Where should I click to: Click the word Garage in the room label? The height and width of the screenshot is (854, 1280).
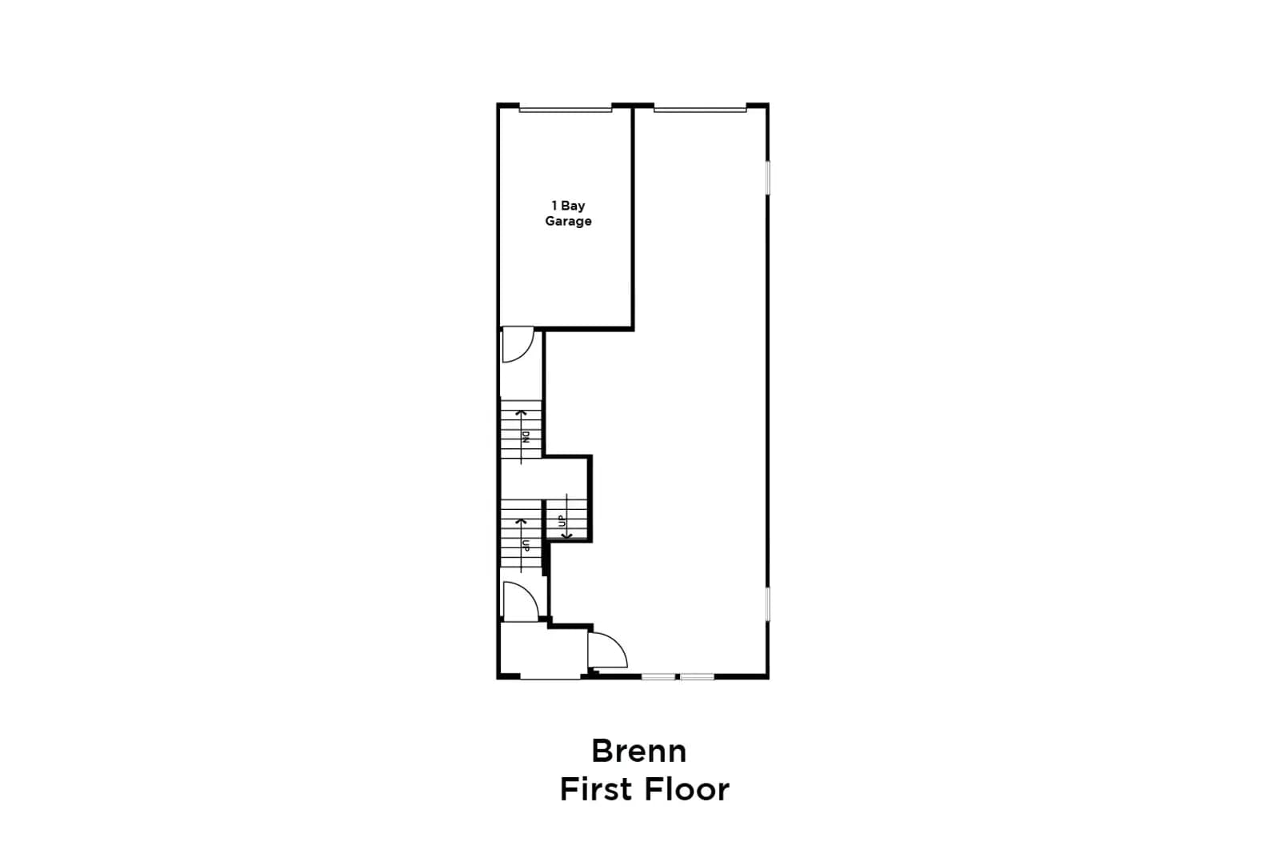[568, 221]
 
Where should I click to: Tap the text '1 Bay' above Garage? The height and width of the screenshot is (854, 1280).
[568, 205]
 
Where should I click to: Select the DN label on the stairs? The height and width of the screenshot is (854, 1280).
[526, 437]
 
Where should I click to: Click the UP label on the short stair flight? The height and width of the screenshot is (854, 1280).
[562, 521]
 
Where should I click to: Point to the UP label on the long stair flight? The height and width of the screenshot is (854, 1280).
[526, 545]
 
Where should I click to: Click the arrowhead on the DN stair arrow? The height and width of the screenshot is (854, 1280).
[521, 412]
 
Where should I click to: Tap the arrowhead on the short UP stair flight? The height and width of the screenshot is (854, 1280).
[566, 535]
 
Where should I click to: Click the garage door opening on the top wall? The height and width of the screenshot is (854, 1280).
[565, 109]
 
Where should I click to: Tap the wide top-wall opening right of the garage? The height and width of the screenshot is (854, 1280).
[700, 109]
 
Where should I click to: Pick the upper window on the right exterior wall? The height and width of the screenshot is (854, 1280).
[767, 178]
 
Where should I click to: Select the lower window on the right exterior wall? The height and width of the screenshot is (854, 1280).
[767, 603]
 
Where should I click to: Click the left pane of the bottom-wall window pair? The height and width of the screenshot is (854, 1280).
[658, 677]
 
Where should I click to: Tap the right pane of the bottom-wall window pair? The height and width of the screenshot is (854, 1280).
[697, 677]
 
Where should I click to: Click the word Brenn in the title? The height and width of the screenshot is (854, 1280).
[639, 751]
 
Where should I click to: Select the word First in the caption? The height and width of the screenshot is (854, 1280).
[597, 789]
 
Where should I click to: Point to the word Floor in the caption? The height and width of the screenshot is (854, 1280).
[687, 789]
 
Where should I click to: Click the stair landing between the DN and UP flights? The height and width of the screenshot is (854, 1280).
[544, 479]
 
